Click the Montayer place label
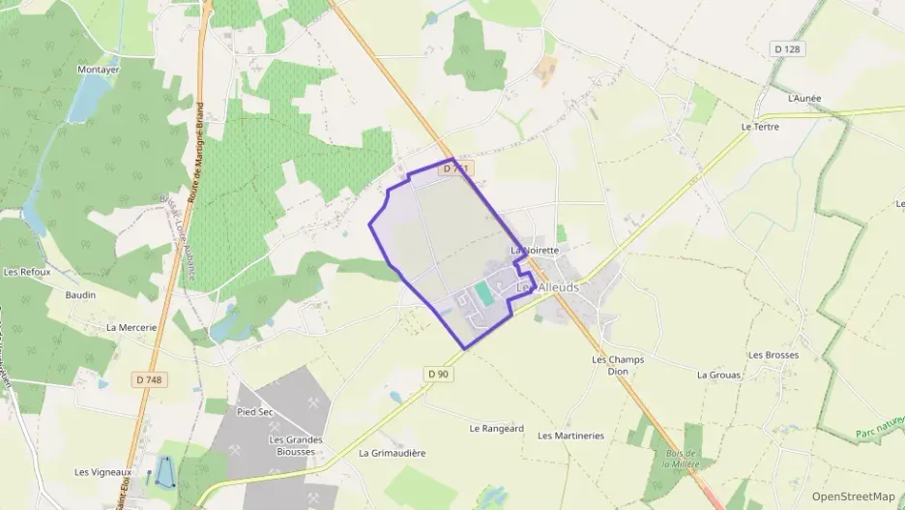tap(98, 71)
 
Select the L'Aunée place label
tap(803, 99)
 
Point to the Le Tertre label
tap(760, 127)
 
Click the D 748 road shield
tap(149, 380)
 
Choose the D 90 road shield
tap(438, 374)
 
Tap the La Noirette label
tap(536, 250)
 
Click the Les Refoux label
tap(27, 272)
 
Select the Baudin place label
tap(80, 295)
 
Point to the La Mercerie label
tap(131, 327)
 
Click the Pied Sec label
tap(255, 411)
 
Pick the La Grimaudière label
tap(393, 453)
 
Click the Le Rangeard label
tap(496, 429)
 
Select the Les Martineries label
tap(570, 435)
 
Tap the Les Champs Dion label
tap(617, 365)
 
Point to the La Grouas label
tap(718, 375)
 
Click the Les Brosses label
tap(774, 355)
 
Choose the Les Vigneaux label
tap(102, 472)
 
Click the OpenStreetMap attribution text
tap(855, 496)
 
